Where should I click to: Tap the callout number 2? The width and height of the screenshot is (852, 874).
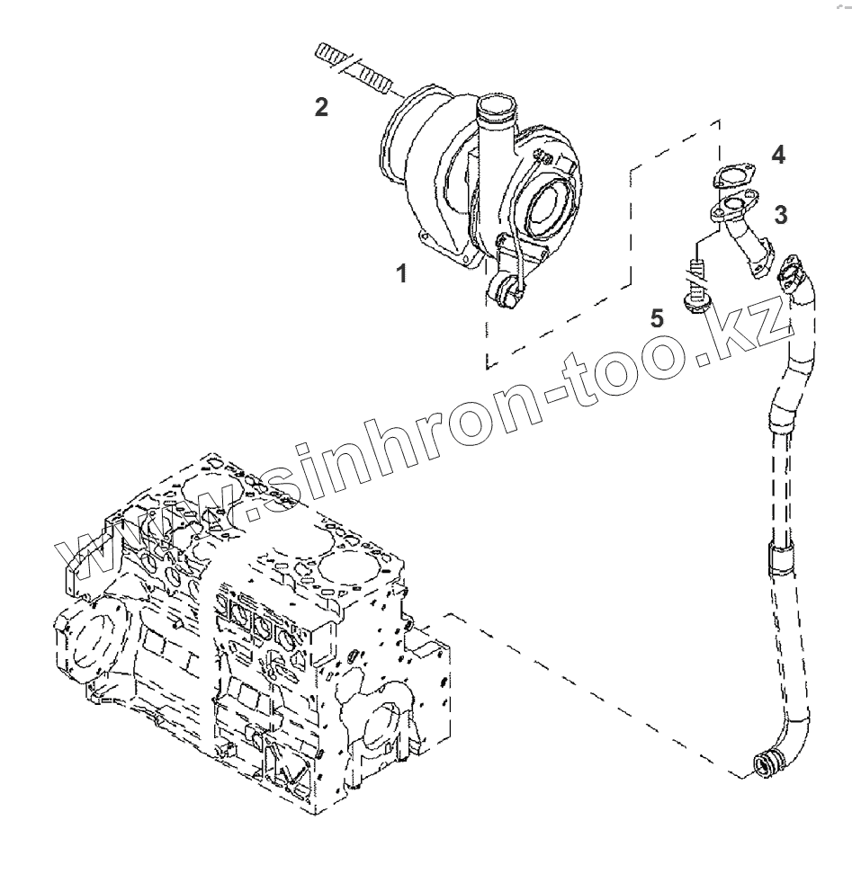pyautogui.click(x=320, y=107)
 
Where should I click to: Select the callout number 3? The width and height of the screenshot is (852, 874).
pyautogui.click(x=782, y=214)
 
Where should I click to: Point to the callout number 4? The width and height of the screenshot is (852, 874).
pyautogui.click(x=778, y=155)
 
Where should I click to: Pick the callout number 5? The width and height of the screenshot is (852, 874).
pyautogui.click(x=658, y=317)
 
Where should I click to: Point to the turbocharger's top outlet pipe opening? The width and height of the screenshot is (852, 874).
pyautogui.click(x=493, y=112)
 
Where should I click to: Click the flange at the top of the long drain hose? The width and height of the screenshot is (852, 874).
pyautogui.click(x=794, y=271)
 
